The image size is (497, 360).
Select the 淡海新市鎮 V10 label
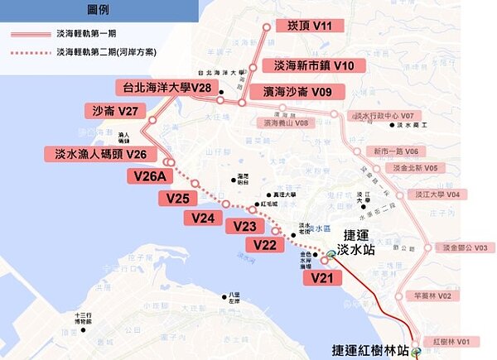click(308, 65)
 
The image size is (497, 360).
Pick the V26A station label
click(152, 175)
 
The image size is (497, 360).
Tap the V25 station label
click(178, 198)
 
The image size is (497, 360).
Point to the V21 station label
click(322, 279)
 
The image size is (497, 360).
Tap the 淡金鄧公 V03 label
click(464, 247)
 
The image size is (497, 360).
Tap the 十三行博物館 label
click(85, 319)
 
